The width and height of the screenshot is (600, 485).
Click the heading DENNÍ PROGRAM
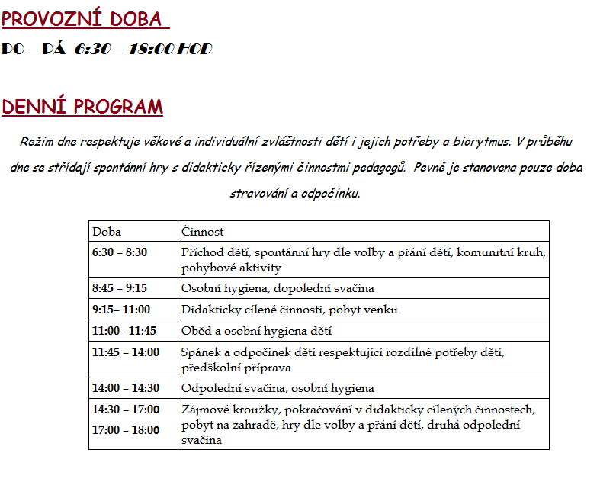pyautogui.click(x=82, y=107)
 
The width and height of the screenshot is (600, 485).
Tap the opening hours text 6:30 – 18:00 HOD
pyautogui.click(x=143, y=50)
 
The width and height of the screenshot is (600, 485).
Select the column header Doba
pyautogui.click(x=107, y=232)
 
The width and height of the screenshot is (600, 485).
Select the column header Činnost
pyautogui.click(x=203, y=232)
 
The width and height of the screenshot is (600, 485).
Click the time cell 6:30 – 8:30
pyautogui.click(x=120, y=252)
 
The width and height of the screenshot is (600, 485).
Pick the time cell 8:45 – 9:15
pyautogui.click(x=120, y=288)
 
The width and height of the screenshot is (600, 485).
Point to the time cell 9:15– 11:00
pyautogui.click(x=121, y=310)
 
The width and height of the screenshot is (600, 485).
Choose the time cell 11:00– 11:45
pyautogui.click(x=124, y=331)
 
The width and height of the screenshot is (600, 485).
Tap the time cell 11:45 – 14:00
pyautogui.click(x=126, y=352)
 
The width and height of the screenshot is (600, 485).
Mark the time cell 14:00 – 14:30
pyautogui.click(x=126, y=388)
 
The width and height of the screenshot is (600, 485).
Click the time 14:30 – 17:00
pyautogui.click(x=126, y=410)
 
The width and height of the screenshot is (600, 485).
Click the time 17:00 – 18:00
pyautogui.click(x=126, y=430)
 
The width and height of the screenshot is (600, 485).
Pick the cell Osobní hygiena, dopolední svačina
pyautogui.click(x=278, y=288)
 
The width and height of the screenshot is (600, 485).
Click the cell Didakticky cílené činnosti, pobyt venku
pyautogui.click(x=290, y=310)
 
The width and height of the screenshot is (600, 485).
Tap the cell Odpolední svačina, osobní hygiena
pyautogui.click(x=278, y=388)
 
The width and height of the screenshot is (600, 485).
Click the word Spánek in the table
pyautogui.click(x=200, y=352)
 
